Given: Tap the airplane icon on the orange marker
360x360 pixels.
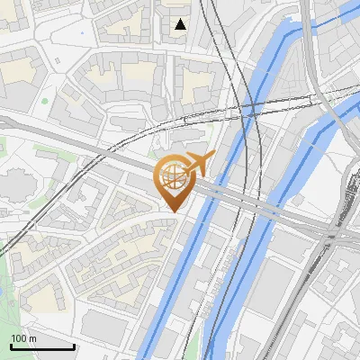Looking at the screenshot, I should coord(199,164).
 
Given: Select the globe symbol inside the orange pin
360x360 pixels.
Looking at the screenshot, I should coord(174,177).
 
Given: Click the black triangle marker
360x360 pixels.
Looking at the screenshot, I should coord(181,24).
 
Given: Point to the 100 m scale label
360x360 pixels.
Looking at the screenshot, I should coord(23,338).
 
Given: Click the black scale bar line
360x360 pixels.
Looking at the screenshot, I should coord(42,346).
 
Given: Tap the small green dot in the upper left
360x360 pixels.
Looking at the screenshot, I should coord(44,100).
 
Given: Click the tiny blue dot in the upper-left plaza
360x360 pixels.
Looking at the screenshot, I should coord(82,33).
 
